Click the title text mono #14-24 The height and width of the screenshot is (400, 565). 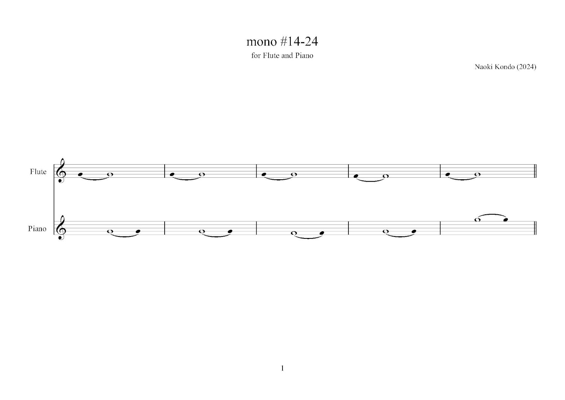(282, 41)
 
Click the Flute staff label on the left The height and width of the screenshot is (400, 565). (38, 172)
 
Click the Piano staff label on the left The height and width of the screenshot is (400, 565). (37, 229)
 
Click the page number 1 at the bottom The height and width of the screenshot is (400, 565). (282, 368)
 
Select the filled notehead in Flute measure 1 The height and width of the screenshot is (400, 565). (80, 174)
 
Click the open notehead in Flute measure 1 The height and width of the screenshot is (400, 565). (110, 174)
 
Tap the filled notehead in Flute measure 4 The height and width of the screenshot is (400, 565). (356, 176)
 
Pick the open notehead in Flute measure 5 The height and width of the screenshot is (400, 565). (478, 174)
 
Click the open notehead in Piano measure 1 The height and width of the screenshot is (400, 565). (110, 231)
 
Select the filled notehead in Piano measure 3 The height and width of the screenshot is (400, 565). (322, 233)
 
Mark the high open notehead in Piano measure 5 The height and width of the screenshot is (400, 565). (478, 220)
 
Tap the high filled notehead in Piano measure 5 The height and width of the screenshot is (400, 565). (505, 220)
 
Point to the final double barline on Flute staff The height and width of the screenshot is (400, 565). (535, 171)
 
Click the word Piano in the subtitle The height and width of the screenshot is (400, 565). (304, 56)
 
